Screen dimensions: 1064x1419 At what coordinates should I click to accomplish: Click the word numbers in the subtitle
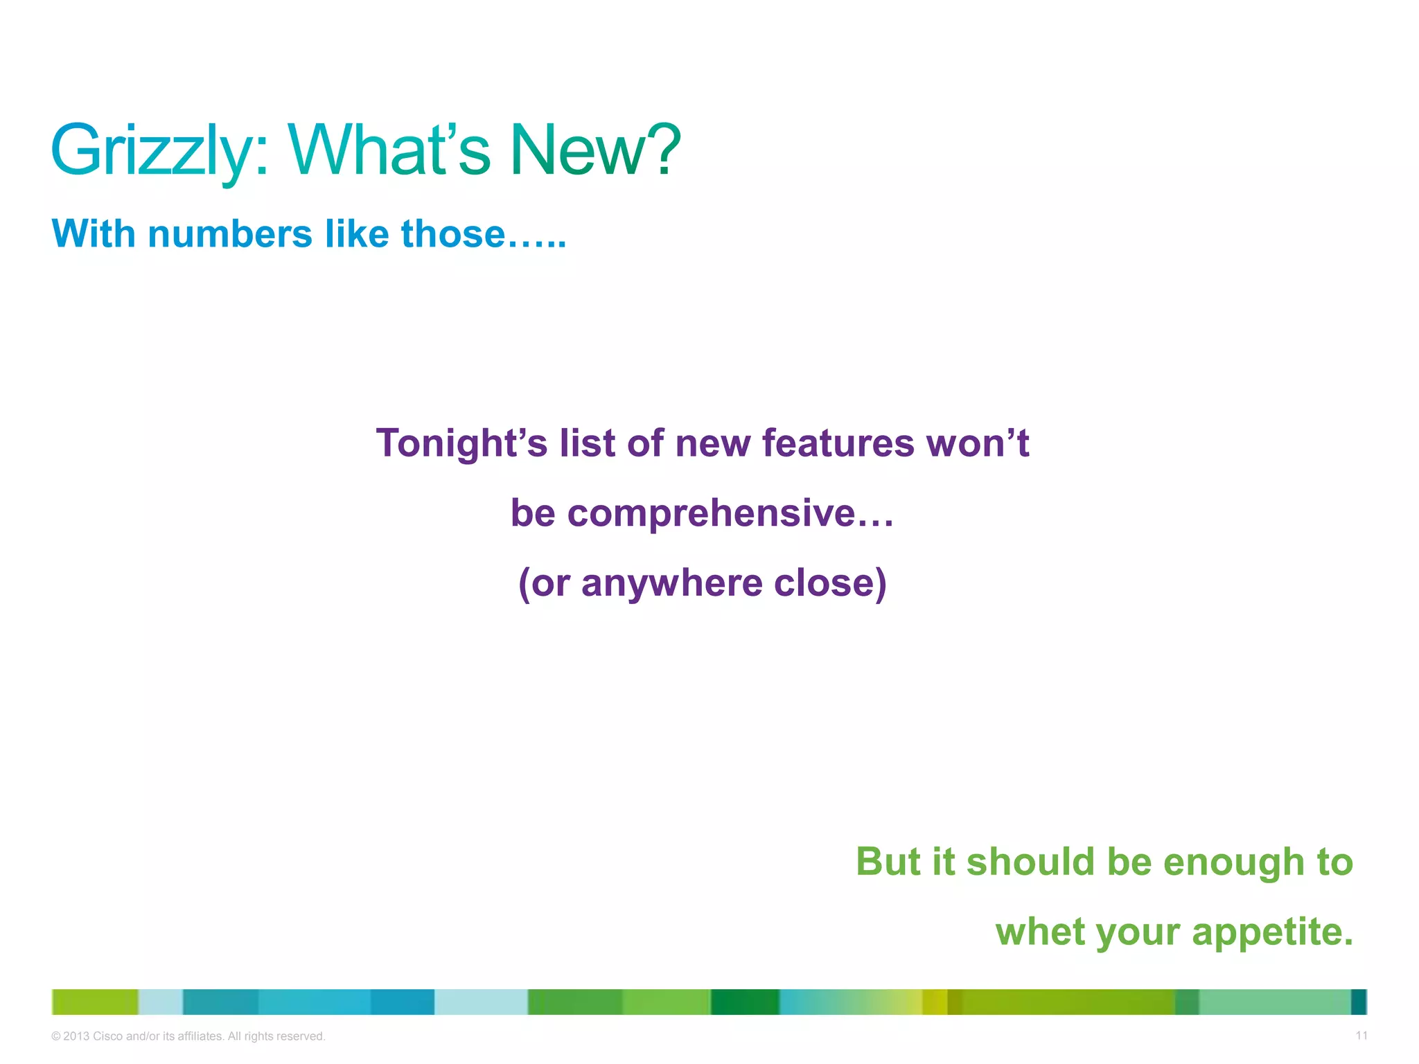click(x=230, y=234)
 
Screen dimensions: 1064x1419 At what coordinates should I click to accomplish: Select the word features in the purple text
click(x=838, y=443)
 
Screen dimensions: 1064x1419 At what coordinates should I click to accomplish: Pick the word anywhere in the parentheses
click(x=671, y=583)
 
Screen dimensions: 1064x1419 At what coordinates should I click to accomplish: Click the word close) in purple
click(x=830, y=583)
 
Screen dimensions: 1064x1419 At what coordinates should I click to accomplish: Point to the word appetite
click(x=1272, y=932)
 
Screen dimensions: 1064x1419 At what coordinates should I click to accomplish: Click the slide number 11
click(x=1361, y=1036)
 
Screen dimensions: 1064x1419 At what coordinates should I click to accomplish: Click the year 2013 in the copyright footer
click(x=76, y=1036)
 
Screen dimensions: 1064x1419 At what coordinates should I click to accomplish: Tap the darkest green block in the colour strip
click(x=745, y=1002)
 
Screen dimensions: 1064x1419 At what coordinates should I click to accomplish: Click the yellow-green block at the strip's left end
click(x=95, y=1002)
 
